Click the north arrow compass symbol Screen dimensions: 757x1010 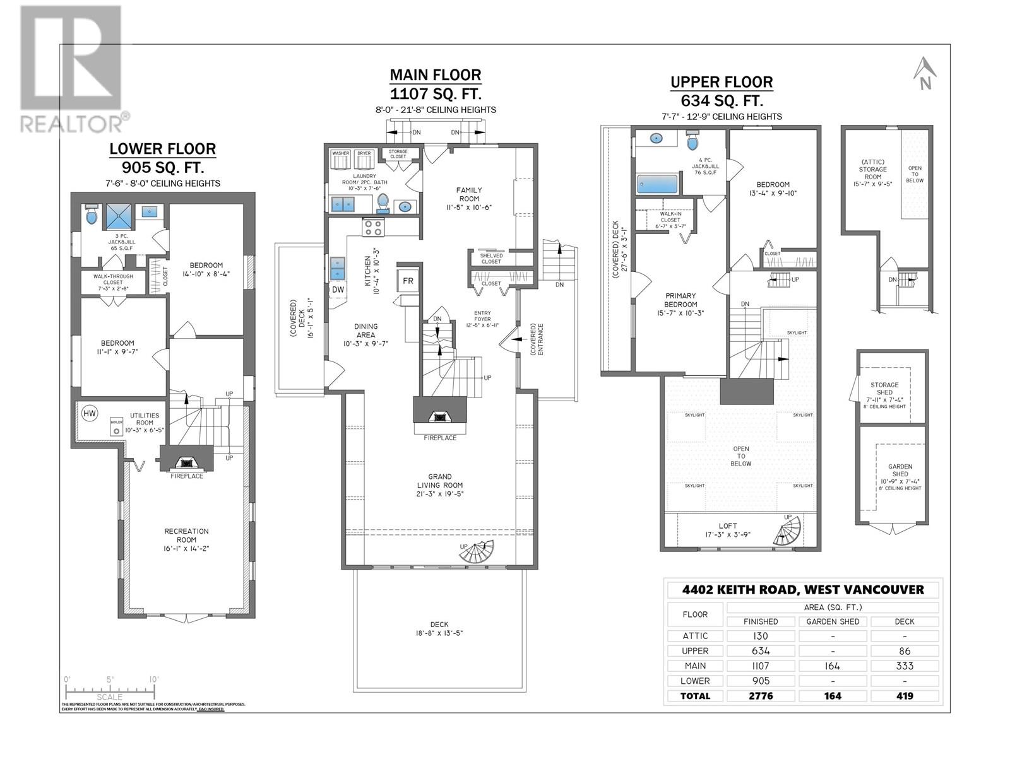pos(924,74)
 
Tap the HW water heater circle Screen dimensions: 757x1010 pos(90,413)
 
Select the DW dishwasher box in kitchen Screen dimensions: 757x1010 pos(338,289)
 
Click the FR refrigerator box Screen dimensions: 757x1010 pos(408,280)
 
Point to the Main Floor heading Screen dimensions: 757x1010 pos(435,75)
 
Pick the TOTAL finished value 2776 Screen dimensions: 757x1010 pos(760,696)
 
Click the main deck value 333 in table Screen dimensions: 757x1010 pos(904,666)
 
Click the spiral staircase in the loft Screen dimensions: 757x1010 pos(786,531)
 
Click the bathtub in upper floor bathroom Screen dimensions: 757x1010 pos(656,184)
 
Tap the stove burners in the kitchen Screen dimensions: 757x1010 pos(371,227)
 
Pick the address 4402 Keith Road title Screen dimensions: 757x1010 pos(803,590)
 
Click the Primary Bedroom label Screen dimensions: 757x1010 pos(680,304)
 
